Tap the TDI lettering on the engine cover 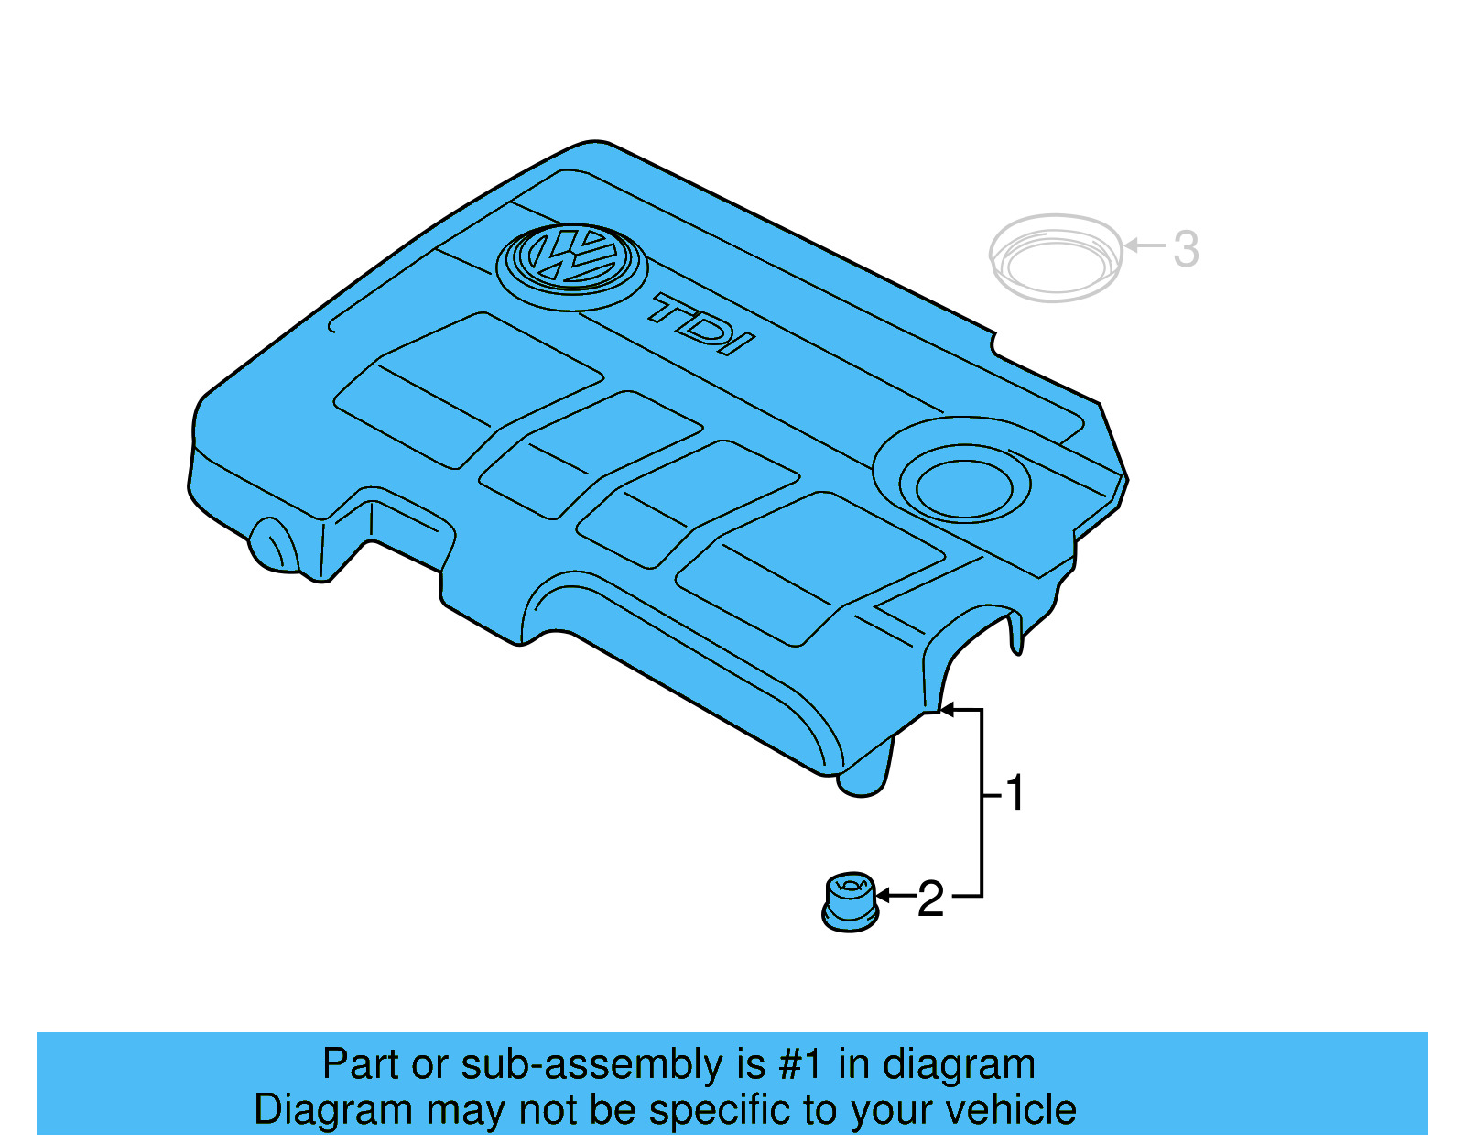click(x=701, y=324)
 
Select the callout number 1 click(x=1015, y=793)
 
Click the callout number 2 click(x=930, y=899)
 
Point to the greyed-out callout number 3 click(x=1186, y=249)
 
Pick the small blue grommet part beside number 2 click(x=851, y=902)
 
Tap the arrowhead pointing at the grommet click(x=884, y=896)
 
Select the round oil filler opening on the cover click(x=964, y=485)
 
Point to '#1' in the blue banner click(x=799, y=1065)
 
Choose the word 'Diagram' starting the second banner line click(x=307, y=1110)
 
